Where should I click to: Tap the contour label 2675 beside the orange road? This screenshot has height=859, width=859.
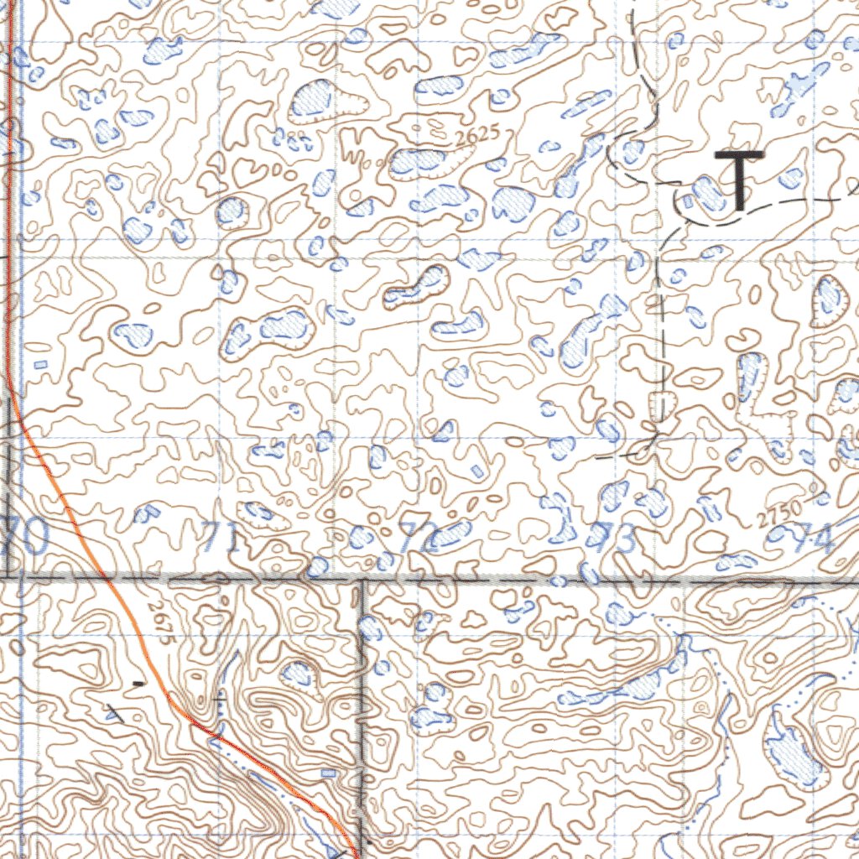pos(159,623)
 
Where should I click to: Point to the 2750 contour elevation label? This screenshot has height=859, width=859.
pos(778,511)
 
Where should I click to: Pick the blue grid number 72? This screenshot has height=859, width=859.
pos(414,537)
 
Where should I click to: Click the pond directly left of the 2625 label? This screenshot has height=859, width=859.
pos(417,163)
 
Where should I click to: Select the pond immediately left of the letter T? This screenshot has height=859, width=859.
pos(707,193)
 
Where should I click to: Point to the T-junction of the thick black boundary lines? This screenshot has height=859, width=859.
pos(362,579)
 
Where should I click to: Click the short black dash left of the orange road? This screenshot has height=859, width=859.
pos(137,685)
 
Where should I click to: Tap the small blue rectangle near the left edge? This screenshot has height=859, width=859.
pos(40,364)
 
